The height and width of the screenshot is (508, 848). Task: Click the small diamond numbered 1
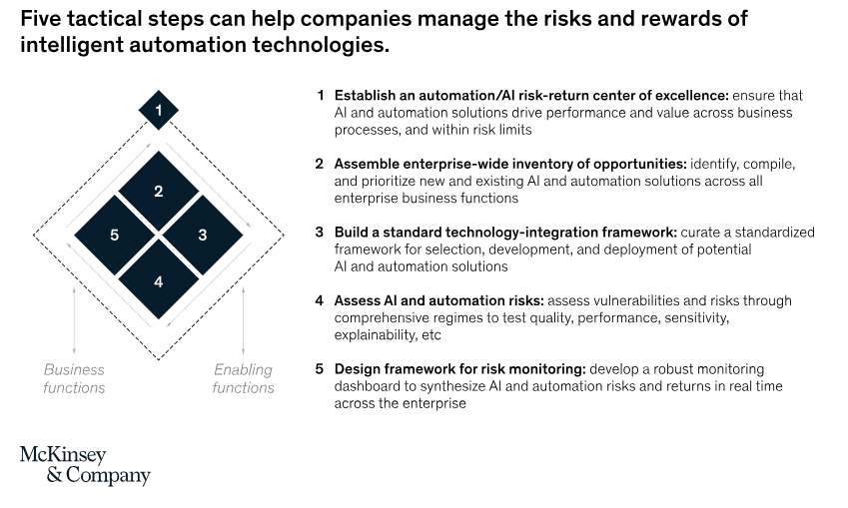coord(159,110)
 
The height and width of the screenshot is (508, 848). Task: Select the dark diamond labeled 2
coord(159,191)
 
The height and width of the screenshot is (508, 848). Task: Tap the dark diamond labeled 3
coord(203,236)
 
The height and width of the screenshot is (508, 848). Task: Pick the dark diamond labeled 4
coord(159,278)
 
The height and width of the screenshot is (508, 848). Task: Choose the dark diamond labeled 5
coord(115,236)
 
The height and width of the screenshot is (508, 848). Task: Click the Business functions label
coord(74,378)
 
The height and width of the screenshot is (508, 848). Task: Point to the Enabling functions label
coord(244,378)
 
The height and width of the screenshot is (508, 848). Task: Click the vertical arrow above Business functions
coord(74,320)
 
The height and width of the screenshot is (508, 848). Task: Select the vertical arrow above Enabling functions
coord(244,320)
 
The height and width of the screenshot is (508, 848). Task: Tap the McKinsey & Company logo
coord(86,466)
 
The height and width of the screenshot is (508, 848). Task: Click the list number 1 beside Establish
coord(321,96)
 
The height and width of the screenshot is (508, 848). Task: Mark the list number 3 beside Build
coord(320,233)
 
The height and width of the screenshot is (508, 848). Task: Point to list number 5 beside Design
coord(320,369)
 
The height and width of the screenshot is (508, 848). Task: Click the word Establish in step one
coord(365,96)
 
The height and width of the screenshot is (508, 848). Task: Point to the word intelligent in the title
coord(72,45)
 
